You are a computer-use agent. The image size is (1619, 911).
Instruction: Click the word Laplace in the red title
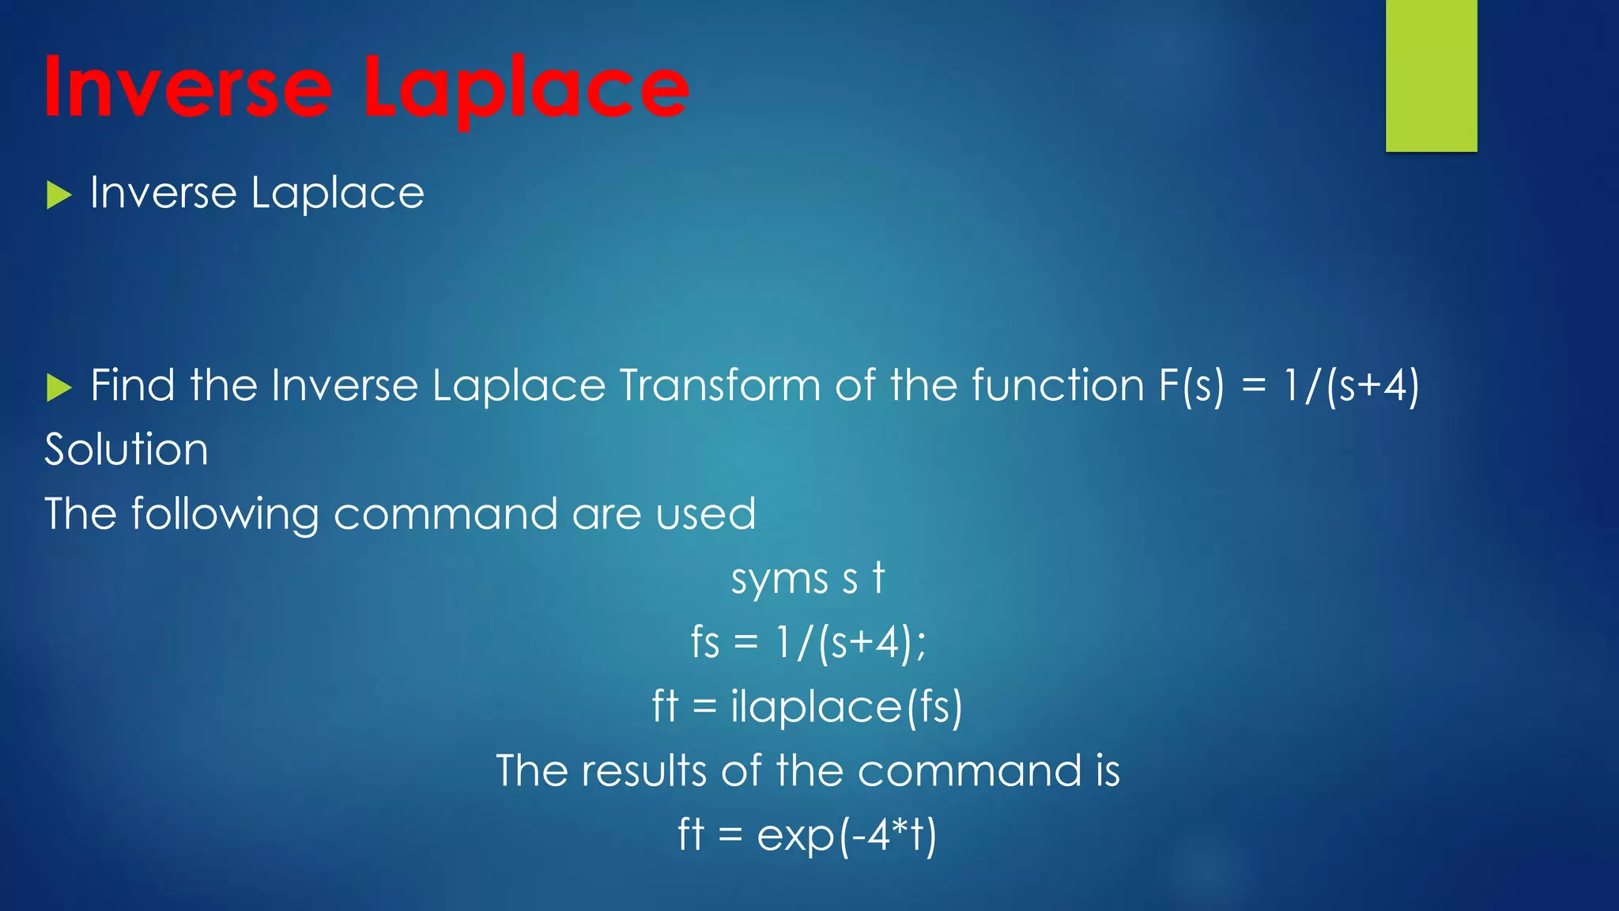pos(525,89)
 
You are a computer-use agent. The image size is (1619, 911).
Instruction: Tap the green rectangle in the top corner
pos(1431,75)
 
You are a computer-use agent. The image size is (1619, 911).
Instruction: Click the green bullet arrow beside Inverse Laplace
pos(58,195)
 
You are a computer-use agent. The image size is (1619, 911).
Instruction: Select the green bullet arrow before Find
pos(58,387)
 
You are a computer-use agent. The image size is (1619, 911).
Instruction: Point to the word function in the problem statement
pos(1057,386)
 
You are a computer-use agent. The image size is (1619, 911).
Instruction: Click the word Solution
pos(126,450)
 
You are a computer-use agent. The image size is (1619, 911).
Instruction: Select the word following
pos(225,515)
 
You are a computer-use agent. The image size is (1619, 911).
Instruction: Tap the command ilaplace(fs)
pos(846,707)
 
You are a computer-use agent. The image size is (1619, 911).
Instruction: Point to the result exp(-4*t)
pos(846,835)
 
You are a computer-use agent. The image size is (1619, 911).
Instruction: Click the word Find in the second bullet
pos(132,386)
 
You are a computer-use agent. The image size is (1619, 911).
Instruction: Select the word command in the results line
pos(969,770)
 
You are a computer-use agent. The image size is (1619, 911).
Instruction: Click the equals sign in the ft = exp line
pos(730,835)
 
